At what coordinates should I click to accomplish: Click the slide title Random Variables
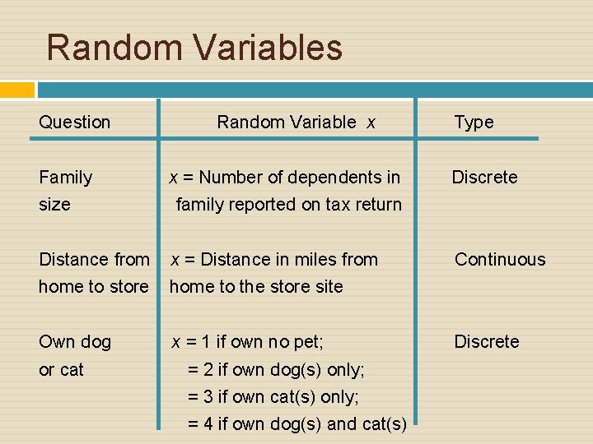point(194,47)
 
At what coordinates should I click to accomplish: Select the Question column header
point(74,123)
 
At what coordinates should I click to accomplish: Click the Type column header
point(474,123)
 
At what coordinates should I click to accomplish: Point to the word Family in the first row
point(66,178)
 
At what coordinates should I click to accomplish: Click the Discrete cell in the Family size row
point(484,178)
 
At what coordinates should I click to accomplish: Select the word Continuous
point(500,260)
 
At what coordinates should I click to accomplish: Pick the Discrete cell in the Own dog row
point(487,342)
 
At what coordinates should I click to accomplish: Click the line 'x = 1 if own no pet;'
point(246,342)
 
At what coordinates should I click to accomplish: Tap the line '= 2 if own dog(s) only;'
point(276,370)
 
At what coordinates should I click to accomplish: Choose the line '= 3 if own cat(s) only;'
point(273,397)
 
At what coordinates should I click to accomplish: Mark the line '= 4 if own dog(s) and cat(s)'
point(296,424)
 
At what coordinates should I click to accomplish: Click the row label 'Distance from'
point(94,260)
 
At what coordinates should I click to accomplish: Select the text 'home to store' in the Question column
point(93,287)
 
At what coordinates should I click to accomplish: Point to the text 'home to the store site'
point(256,287)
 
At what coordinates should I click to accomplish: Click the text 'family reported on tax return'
point(288,205)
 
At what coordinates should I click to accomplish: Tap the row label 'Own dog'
point(75,342)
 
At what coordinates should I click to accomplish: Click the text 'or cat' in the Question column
point(61,370)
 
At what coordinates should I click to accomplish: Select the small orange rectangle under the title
point(17,90)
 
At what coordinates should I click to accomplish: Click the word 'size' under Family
point(54,205)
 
